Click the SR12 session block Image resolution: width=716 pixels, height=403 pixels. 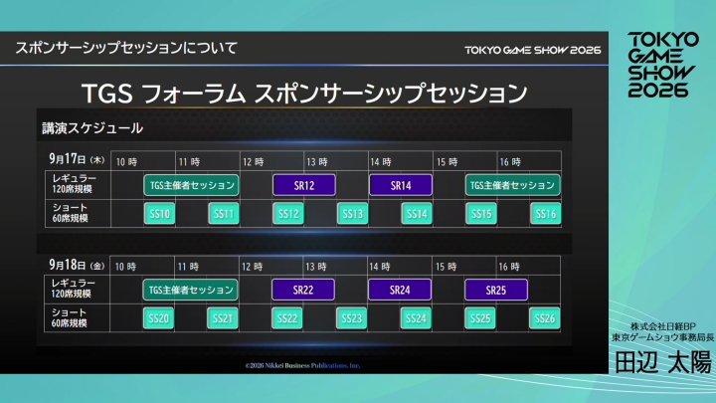[304, 185]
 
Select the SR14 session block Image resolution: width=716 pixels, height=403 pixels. [401, 185]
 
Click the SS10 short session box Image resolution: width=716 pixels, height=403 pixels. [159, 213]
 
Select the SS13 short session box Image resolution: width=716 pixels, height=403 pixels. [352, 213]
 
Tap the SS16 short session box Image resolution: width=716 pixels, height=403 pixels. [544, 213]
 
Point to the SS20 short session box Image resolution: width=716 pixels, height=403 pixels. [159, 318]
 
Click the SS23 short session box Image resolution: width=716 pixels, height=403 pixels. [351, 318]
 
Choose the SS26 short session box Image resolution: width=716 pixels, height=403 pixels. [543, 318]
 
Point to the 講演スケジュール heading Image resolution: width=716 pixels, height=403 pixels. [92, 127]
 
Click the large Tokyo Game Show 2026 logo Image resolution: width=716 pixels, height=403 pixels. [657, 64]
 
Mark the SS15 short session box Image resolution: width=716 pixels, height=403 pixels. [480, 213]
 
